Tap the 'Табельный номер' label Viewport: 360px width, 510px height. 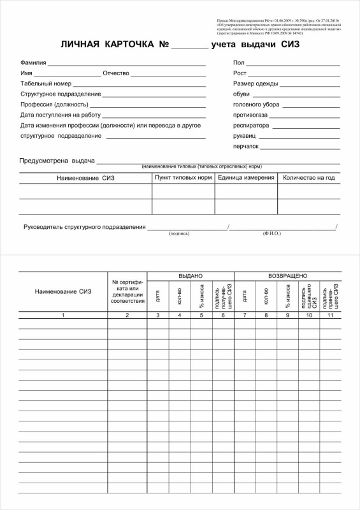coord(46,84)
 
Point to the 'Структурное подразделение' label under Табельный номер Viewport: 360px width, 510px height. coord(61,94)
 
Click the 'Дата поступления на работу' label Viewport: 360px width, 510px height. coord(61,115)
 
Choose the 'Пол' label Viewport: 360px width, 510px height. coord(239,63)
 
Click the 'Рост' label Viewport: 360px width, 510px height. coord(240,73)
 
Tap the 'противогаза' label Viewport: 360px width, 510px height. coord(250,115)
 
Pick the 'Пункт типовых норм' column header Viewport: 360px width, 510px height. coord(184,177)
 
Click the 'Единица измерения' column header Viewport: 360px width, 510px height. coord(246,177)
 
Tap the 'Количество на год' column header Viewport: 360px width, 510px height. coord(308,177)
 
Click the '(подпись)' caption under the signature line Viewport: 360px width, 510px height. coord(179,234)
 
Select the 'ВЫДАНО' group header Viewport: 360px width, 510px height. coord(191,275)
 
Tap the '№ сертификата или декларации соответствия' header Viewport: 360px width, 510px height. coord(127,291)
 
